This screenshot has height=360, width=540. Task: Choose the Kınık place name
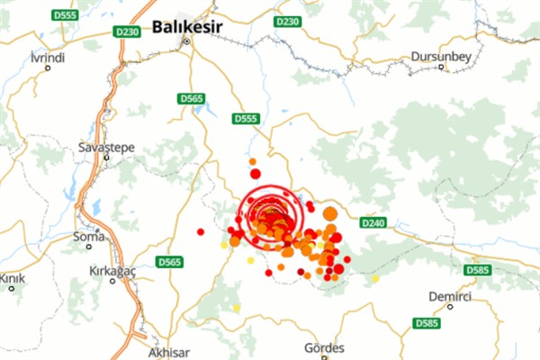(12, 277)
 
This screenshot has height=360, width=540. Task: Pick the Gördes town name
(325, 348)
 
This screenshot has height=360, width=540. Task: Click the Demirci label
(451, 296)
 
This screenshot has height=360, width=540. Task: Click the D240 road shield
(372, 222)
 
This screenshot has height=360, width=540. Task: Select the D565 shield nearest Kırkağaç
(168, 262)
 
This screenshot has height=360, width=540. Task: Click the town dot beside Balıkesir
(187, 41)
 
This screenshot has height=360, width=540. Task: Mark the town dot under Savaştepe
(105, 157)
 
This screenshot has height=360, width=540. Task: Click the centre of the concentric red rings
(266, 214)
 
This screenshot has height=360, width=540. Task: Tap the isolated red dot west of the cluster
(201, 231)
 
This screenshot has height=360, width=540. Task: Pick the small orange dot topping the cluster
(253, 161)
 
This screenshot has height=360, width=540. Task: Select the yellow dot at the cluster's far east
(375, 278)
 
